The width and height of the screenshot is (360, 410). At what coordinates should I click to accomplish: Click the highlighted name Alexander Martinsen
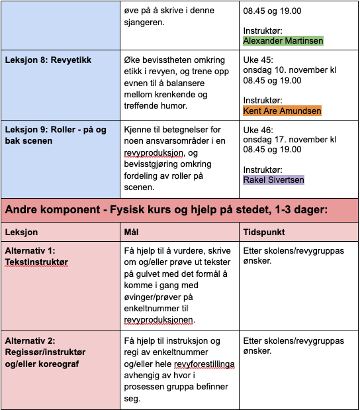pos(283,40)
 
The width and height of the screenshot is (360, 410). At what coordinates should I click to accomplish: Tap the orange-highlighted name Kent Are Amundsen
pos(282,111)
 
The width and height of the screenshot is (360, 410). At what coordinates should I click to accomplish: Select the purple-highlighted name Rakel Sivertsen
pos(273,179)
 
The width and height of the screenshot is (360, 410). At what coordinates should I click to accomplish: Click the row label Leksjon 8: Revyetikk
pos(48,60)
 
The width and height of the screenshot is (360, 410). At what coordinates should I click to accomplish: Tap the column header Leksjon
pos(22,232)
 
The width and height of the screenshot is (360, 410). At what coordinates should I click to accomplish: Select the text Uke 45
pos(258,60)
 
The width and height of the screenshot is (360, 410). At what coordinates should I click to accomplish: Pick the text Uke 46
pos(258,129)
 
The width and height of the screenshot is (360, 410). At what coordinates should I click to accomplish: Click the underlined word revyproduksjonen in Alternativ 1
pos(159,320)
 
